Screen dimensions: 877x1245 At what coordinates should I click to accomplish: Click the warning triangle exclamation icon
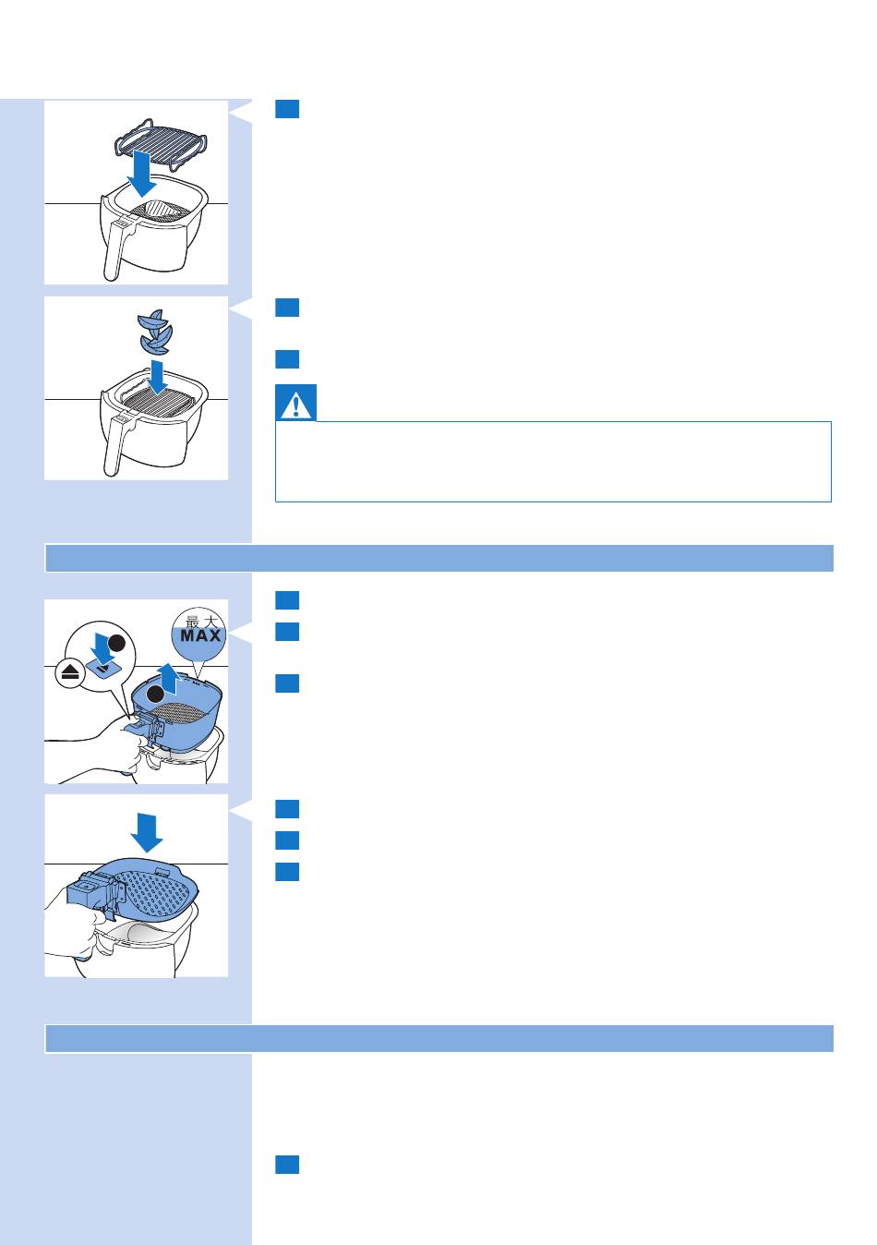point(296,404)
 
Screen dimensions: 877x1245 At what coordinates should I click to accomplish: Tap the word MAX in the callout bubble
point(200,635)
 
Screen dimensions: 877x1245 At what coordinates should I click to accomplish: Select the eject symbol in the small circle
point(70,673)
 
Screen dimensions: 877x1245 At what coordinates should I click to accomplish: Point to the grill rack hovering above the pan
point(161,143)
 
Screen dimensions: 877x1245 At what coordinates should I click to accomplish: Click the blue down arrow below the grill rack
point(142,174)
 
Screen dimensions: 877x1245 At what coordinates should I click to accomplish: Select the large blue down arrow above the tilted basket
point(147,832)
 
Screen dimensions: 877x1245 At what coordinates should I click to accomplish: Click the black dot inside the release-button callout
point(116,644)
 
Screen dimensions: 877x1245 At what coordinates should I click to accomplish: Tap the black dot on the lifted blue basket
point(156,694)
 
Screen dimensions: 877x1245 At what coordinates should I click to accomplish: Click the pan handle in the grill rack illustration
point(118,249)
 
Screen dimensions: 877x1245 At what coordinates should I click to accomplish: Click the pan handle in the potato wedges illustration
point(118,445)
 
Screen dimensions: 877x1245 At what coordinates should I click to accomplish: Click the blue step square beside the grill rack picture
point(287,109)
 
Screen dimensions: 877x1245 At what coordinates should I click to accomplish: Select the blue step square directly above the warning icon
point(287,359)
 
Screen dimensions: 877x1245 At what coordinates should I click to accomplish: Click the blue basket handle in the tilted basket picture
point(91,891)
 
